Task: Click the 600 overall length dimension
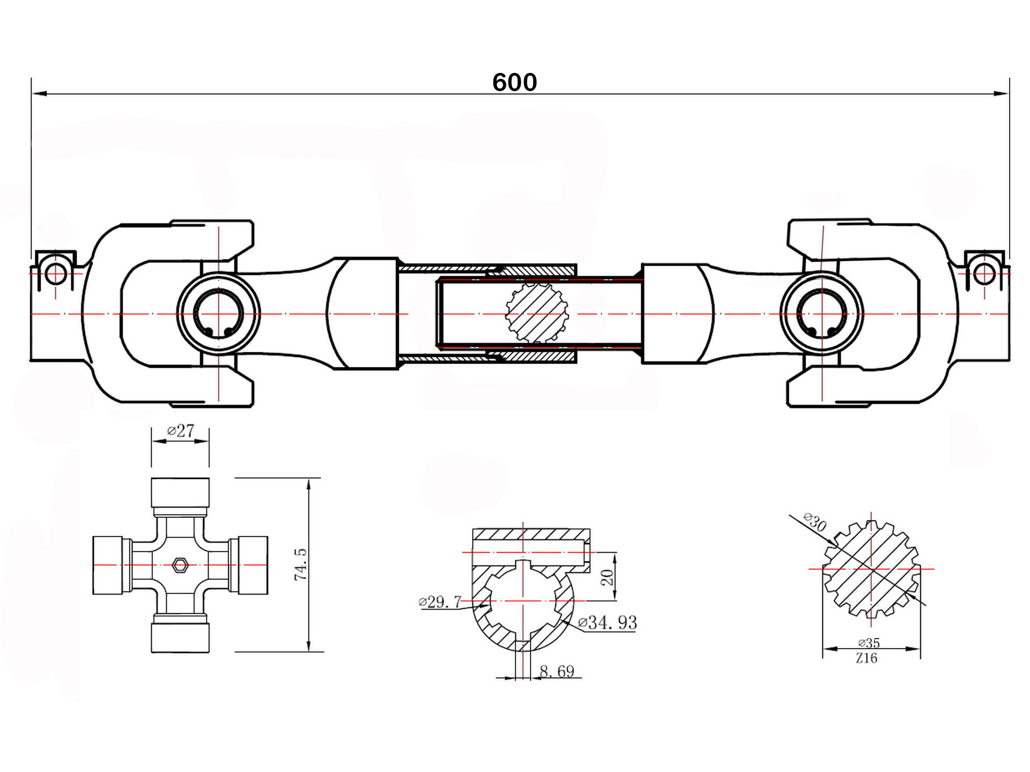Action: tap(514, 82)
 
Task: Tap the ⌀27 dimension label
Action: tap(181, 430)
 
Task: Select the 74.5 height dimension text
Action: tap(300, 564)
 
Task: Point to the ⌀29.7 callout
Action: tap(440, 602)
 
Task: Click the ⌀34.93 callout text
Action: tap(608, 622)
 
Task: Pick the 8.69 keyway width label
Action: tap(557, 671)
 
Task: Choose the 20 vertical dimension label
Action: tap(607, 577)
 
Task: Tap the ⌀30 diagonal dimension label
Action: tap(815, 522)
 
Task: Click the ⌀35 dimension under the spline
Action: tap(869, 643)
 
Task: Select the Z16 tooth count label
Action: tap(867, 658)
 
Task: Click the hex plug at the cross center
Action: tap(180, 565)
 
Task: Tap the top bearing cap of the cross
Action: tap(180, 493)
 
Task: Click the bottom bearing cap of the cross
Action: tap(180, 637)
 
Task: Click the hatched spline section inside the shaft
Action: tap(537, 313)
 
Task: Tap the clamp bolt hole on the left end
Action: tap(55, 274)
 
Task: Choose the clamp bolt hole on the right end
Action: tap(984, 274)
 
